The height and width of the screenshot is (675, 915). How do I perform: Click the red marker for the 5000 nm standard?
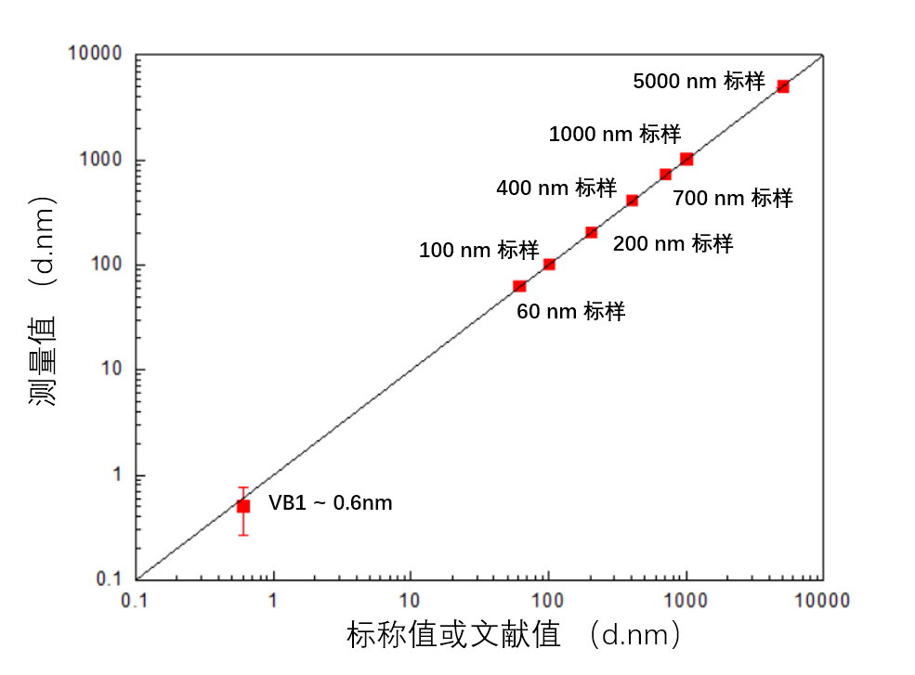[782, 86]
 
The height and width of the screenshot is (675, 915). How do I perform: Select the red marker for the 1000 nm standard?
[686, 159]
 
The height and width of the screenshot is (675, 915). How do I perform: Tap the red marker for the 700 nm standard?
[665, 174]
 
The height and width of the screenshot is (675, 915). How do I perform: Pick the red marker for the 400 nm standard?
[632, 200]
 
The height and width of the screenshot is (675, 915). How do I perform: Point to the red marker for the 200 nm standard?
[591, 231]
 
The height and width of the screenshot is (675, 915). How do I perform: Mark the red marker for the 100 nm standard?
[549, 264]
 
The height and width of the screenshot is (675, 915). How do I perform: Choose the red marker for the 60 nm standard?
[519, 286]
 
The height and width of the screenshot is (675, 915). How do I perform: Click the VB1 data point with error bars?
[243, 506]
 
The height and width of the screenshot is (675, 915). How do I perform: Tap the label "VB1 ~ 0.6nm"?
[330, 503]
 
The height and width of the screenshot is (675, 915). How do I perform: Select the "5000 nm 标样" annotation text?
[699, 81]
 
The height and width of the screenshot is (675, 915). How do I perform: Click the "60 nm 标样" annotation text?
[570, 311]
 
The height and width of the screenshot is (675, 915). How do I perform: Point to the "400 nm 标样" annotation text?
[556, 188]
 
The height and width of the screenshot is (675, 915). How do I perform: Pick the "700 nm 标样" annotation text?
[732, 198]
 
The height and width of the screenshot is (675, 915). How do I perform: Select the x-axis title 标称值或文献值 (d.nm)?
[516, 636]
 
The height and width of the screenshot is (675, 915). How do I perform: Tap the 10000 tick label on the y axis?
[95, 55]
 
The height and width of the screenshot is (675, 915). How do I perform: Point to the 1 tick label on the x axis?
[273, 600]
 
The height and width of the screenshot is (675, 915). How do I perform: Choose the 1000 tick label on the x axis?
[686, 600]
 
